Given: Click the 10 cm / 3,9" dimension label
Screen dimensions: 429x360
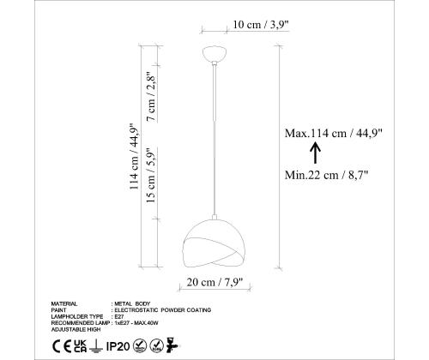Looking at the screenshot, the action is pyautogui.click(x=261, y=25).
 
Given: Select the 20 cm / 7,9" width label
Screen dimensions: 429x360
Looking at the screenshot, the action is pyautogui.click(x=214, y=282).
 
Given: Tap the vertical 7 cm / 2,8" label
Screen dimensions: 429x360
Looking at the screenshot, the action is pyautogui.click(x=152, y=97).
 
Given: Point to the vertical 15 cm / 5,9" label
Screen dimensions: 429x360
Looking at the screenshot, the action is pyautogui.click(x=151, y=175).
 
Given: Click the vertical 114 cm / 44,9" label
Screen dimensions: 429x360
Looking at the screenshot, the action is pyautogui.click(x=134, y=157).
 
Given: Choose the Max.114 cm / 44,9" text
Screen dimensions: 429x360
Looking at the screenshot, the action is pyautogui.click(x=334, y=133).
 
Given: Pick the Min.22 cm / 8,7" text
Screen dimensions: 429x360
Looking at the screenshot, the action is pyautogui.click(x=326, y=175).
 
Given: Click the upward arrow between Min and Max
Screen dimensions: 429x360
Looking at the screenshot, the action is pyautogui.click(x=316, y=153).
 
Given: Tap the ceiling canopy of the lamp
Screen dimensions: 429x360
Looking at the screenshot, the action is pyautogui.click(x=214, y=54).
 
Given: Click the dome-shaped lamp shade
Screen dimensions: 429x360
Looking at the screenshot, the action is pyautogui.click(x=214, y=243).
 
